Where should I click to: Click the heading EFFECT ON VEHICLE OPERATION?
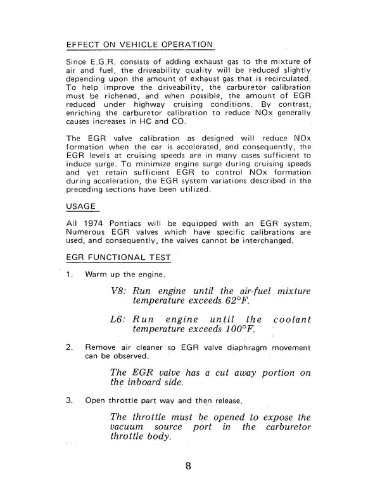(139, 46)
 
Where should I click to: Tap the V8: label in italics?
(119, 292)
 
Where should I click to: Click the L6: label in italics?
(119, 319)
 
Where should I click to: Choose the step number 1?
(70, 275)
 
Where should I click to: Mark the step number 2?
(70, 347)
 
